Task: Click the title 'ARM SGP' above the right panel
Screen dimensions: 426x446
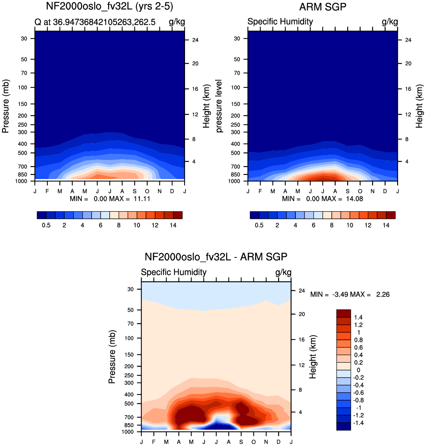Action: click(323, 7)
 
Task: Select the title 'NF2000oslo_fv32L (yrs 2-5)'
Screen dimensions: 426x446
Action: click(110, 6)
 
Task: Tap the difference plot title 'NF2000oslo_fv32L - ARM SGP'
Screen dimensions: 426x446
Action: click(216, 257)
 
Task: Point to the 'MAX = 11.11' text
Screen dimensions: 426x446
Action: click(130, 199)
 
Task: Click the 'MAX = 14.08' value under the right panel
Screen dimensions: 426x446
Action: click(342, 199)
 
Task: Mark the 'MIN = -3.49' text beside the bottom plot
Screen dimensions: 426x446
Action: click(329, 294)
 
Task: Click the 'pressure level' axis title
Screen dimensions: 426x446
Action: click(219, 106)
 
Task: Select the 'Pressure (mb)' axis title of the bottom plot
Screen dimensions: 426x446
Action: click(112, 357)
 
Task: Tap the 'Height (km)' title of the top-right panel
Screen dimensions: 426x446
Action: click(419, 106)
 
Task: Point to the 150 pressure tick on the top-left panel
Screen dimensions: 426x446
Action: click(23, 104)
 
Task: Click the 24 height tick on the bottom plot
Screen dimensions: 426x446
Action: click(302, 291)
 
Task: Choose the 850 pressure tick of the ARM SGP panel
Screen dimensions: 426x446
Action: click(235, 175)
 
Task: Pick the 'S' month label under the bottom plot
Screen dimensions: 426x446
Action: click(241, 442)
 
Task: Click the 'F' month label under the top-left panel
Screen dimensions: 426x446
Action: click(47, 191)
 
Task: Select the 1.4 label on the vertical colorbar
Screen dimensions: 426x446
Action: click(358, 318)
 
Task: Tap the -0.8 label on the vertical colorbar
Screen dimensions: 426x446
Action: click(358, 400)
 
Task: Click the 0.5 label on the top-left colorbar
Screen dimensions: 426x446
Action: click(46, 225)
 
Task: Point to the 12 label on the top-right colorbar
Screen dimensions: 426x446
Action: click(368, 225)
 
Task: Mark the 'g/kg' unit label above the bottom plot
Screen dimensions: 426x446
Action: click(283, 273)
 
